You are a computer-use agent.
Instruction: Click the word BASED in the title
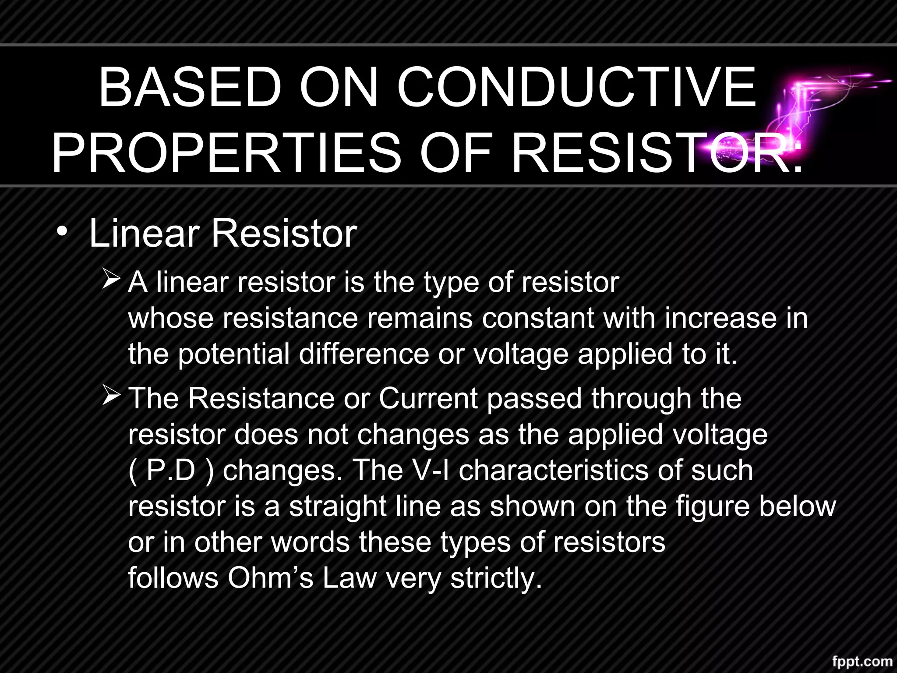tap(190, 87)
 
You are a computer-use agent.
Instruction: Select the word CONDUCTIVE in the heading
tap(576, 87)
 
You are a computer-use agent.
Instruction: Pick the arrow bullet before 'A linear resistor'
tap(111, 280)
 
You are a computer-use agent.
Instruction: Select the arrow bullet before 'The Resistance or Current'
tap(111, 396)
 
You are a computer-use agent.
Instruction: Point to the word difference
tap(364, 354)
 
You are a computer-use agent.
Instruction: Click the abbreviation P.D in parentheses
tap(171, 471)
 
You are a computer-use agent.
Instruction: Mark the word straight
tap(338, 507)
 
